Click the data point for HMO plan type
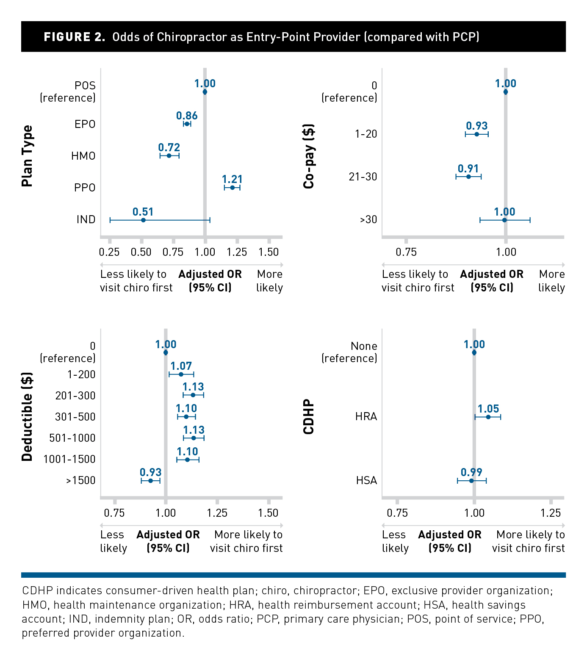click(169, 156)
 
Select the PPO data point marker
click(232, 188)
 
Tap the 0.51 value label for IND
click(143, 212)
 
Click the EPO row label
click(85, 124)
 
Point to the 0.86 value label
click(187, 116)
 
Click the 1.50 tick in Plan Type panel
click(269, 252)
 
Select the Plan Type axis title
click(27, 156)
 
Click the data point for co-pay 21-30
click(468, 177)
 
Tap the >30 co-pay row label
click(368, 219)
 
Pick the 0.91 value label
click(468, 169)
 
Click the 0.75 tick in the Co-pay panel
click(406, 252)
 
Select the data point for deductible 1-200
click(181, 374)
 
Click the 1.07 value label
click(181, 366)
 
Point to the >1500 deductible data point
click(150, 481)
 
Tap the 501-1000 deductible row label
click(72, 438)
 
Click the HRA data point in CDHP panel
click(488, 417)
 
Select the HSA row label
click(366, 480)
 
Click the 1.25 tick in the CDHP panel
click(550, 513)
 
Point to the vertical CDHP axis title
click(309, 417)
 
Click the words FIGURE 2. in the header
click(75, 37)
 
